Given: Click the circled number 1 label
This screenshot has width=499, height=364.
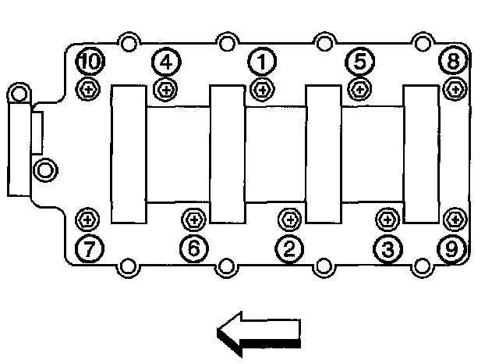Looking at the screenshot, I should point(262,60).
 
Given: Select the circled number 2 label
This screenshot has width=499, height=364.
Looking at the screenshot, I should point(288,248).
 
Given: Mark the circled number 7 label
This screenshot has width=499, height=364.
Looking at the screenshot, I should point(89,248).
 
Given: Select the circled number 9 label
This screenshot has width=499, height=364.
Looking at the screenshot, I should point(452,248).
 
